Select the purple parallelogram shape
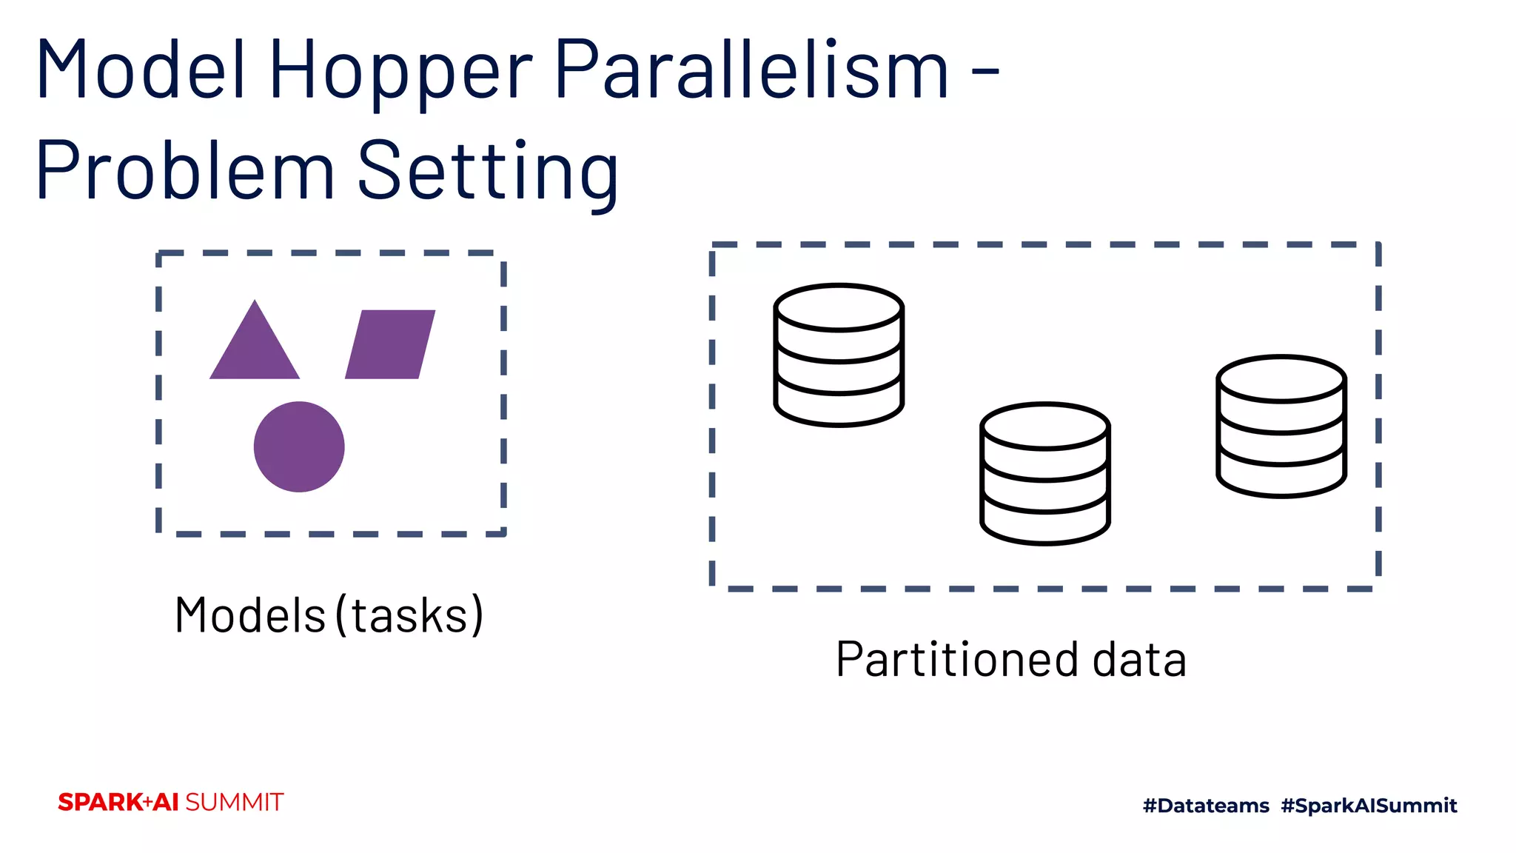(390, 344)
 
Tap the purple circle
(299, 446)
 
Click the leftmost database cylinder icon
(839, 355)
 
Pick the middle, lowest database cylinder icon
(1044, 474)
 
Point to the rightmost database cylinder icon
(1281, 426)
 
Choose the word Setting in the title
(489, 173)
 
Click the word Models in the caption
(249, 615)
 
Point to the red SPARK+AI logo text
(118, 803)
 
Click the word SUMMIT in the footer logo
(234, 803)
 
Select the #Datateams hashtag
(1206, 806)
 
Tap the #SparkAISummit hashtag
(1369, 806)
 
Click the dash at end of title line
(985, 72)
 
